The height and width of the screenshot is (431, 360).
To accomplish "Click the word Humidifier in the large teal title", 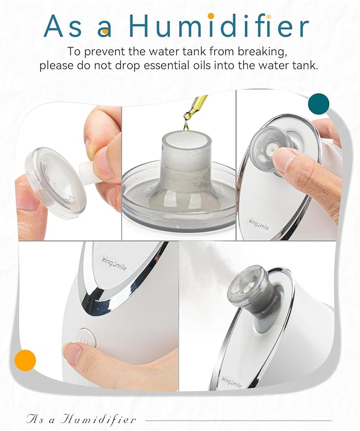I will point(218,27).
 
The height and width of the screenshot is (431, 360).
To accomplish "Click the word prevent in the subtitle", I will point(114,52).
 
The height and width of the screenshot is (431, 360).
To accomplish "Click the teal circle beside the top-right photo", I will point(319,104).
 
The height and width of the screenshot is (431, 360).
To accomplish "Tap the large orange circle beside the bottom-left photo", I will point(25,360).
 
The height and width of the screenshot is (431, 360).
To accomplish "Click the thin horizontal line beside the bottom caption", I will point(239,420).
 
